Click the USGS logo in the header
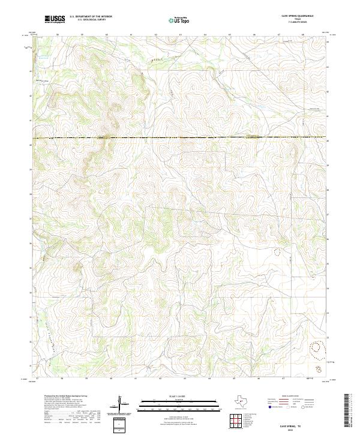[x=55, y=20]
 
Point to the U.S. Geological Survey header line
[x=91, y=20]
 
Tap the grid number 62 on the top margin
[x=155, y=35]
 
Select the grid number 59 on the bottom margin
[x=86, y=379]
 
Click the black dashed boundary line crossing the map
[x=180, y=139]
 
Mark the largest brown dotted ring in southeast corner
[x=316, y=347]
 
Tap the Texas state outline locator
[x=247, y=402]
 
